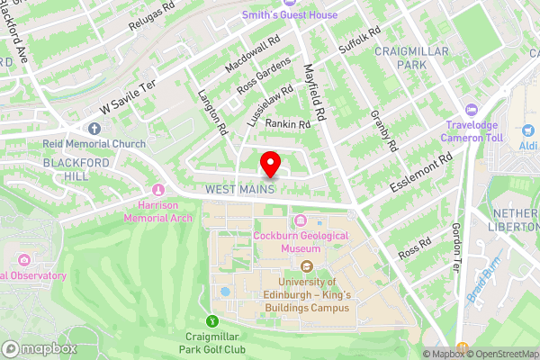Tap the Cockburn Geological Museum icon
(x=300, y=221)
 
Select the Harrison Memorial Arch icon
(x=159, y=190)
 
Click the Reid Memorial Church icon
(x=94, y=127)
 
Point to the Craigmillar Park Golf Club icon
(x=212, y=319)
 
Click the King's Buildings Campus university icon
(x=306, y=265)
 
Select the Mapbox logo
(x=39, y=348)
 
